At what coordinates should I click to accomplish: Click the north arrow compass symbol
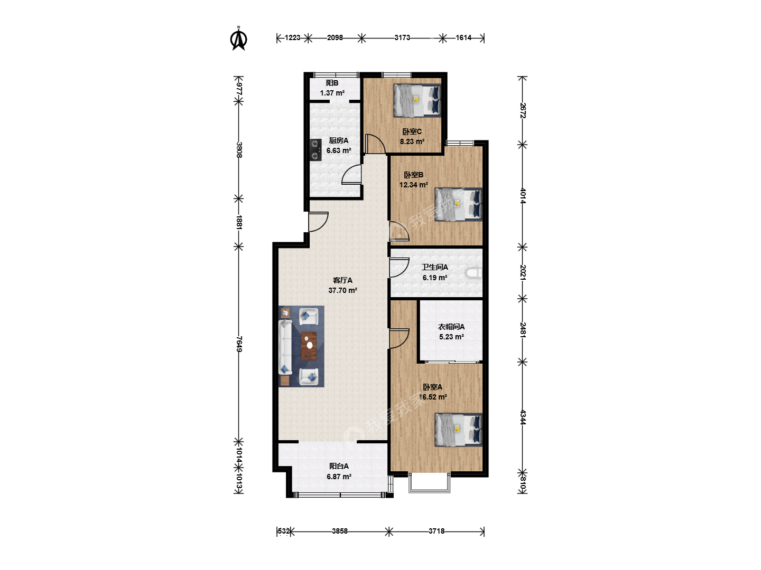tap(238, 39)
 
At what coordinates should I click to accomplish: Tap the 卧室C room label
tap(412, 131)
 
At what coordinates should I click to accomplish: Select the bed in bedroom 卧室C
tap(417, 100)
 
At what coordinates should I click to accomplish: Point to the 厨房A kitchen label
tap(338, 140)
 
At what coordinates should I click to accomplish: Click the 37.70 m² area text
tap(342, 290)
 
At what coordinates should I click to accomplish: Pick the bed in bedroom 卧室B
tap(458, 204)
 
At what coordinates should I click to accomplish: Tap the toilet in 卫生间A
tap(474, 273)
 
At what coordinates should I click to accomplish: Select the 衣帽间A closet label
tap(451, 327)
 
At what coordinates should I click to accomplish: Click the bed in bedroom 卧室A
tap(458, 430)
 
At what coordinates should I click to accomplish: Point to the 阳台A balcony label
tap(339, 466)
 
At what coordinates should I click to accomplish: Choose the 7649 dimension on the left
tap(239, 344)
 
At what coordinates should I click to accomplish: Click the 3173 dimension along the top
tap(402, 37)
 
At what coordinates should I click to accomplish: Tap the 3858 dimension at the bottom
tap(339, 531)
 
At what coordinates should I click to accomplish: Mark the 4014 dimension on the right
tap(523, 195)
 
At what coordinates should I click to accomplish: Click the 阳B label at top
tap(332, 83)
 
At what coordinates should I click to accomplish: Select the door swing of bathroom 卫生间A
tap(399, 268)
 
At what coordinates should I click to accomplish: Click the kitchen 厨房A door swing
tap(351, 174)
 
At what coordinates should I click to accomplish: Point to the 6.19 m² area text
tap(435, 278)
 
